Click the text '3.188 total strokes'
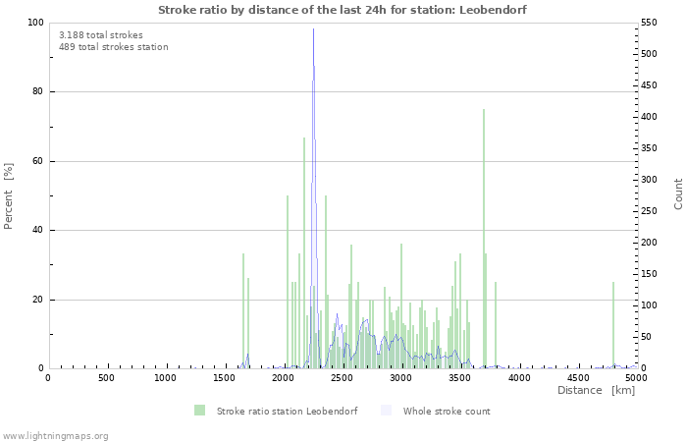coord(100,35)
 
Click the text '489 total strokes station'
coord(113,47)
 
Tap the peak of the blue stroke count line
coord(314,31)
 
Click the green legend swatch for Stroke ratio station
coord(200,411)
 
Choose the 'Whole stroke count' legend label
coord(446,411)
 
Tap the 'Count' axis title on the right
coord(678,193)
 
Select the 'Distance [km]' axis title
coord(596,391)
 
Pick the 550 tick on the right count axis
coord(651,23)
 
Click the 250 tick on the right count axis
coord(651,211)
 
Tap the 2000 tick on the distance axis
coord(283,378)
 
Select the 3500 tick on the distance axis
coord(459,378)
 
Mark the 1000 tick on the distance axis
coord(165,378)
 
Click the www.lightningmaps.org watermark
coord(55,435)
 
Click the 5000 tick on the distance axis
coord(636,378)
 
